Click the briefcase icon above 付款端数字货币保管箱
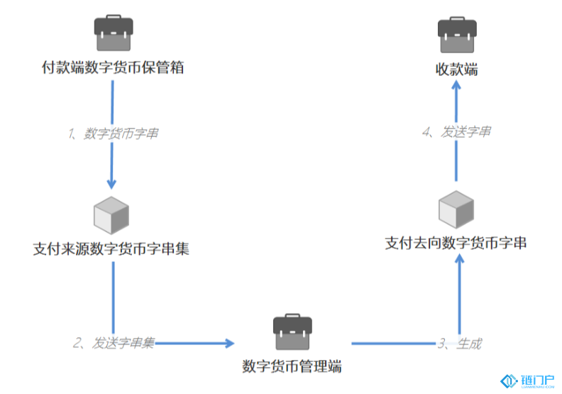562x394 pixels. tap(114, 33)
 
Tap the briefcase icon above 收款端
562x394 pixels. tap(457, 34)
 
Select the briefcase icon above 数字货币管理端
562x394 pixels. tap(292, 332)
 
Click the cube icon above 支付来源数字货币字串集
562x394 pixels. tap(111, 215)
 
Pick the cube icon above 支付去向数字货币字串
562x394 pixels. tap(456, 209)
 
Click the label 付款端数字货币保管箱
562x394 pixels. tap(113, 67)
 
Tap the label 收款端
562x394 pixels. tap(457, 69)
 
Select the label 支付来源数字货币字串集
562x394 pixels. tap(111, 248)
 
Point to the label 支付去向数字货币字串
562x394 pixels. tap(456, 243)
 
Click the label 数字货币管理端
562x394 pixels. tap(292, 366)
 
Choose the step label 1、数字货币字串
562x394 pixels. tap(113, 133)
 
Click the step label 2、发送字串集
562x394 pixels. tap(114, 343)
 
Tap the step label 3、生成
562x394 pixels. tap(460, 344)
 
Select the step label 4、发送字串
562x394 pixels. tap(457, 131)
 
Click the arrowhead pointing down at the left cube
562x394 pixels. tap(111, 184)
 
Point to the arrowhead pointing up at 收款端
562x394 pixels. tap(456, 85)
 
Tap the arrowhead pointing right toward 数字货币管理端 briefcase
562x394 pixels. tap(229, 344)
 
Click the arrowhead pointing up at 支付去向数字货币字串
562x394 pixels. tap(460, 259)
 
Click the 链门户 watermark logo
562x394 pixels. tap(527, 381)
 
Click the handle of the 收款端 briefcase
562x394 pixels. tap(457, 18)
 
